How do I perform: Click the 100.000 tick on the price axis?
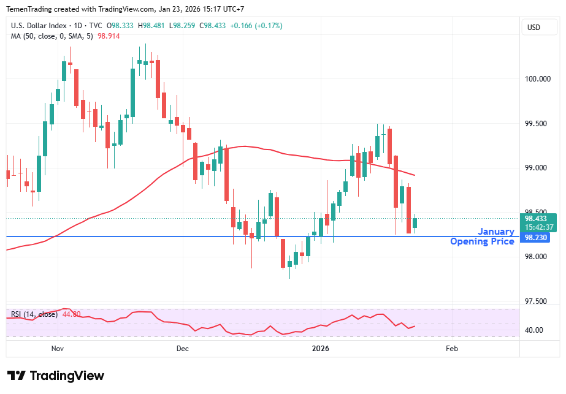click(538, 79)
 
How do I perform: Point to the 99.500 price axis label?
click(538, 124)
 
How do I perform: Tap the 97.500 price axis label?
click(538, 301)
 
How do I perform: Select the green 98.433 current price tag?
click(537, 218)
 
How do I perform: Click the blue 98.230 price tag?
click(534, 238)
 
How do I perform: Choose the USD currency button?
click(533, 27)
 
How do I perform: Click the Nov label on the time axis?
click(58, 349)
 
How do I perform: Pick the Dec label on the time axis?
click(182, 349)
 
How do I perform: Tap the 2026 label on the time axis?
click(320, 349)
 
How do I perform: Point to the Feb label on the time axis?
click(452, 349)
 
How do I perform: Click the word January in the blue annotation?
click(496, 232)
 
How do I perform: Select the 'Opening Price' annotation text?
click(482, 241)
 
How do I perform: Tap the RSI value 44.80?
click(71, 314)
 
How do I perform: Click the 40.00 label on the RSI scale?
click(533, 330)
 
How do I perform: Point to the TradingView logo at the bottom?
click(55, 376)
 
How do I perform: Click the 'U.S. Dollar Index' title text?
click(40, 26)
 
